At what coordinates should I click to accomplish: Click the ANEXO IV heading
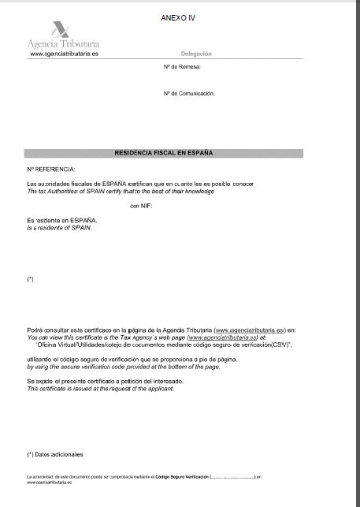click(x=177, y=15)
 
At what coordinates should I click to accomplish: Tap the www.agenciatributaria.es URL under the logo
click(x=63, y=54)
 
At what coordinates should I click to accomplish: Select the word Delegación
click(x=196, y=54)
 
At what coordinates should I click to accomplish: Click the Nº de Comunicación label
click(x=188, y=93)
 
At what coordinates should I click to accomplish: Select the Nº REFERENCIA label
click(x=50, y=170)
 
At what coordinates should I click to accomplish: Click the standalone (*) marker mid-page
click(x=30, y=280)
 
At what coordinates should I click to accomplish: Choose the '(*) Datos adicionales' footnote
click(x=54, y=455)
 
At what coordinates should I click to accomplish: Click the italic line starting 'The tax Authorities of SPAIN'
click(x=120, y=192)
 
